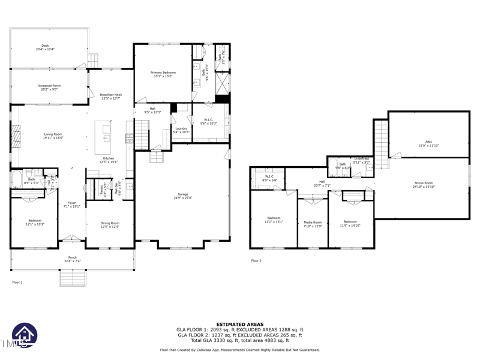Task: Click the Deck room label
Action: point(45,47)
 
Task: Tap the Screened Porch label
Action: point(49,88)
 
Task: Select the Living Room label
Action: point(53,136)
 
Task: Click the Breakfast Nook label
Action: point(111,97)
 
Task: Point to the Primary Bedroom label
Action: point(163,74)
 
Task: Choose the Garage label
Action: point(183,196)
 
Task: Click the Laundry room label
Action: point(181,130)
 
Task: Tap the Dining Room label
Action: point(110,225)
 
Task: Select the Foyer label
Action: point(72,205)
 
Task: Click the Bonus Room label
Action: point(423,185)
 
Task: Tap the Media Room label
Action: point(313,224)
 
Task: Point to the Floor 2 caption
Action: point(256,261)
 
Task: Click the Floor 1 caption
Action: point(17,282)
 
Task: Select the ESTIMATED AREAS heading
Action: point(240,325)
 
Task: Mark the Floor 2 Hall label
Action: point(322,183)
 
